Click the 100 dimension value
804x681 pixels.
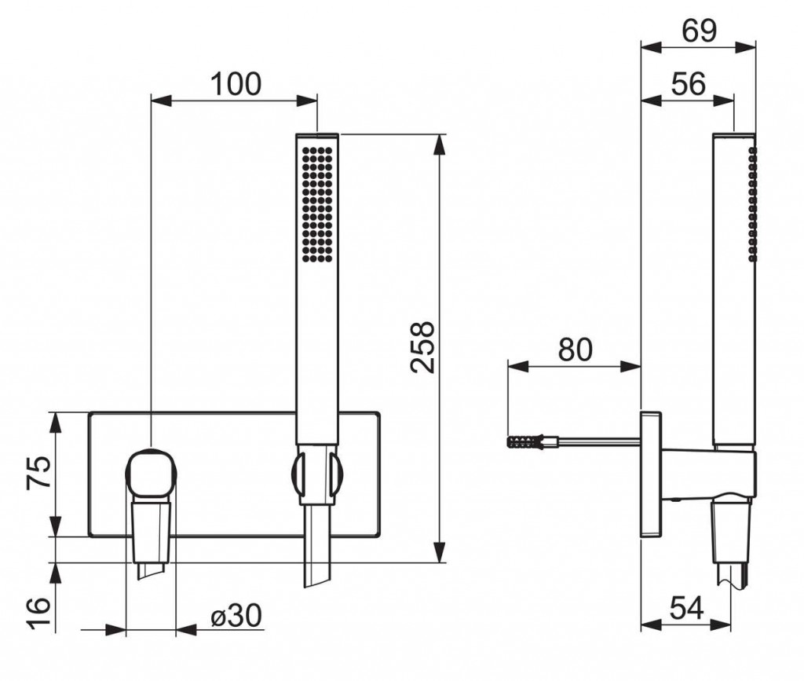[236, 84]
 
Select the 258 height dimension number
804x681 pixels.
[423, 347]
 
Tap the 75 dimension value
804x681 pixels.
[39, 472]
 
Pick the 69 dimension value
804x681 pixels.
[699, 31]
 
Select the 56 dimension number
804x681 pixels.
[688, 83]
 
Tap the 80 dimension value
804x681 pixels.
[575, 350]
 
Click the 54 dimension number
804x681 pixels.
[687, 609]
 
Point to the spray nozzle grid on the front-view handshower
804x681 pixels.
[317, 205]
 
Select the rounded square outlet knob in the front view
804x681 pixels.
[152, 473]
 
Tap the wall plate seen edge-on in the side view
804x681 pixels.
[651, 474]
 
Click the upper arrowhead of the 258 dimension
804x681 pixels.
[439, 145]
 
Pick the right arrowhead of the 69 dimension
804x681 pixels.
[746, 46]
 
